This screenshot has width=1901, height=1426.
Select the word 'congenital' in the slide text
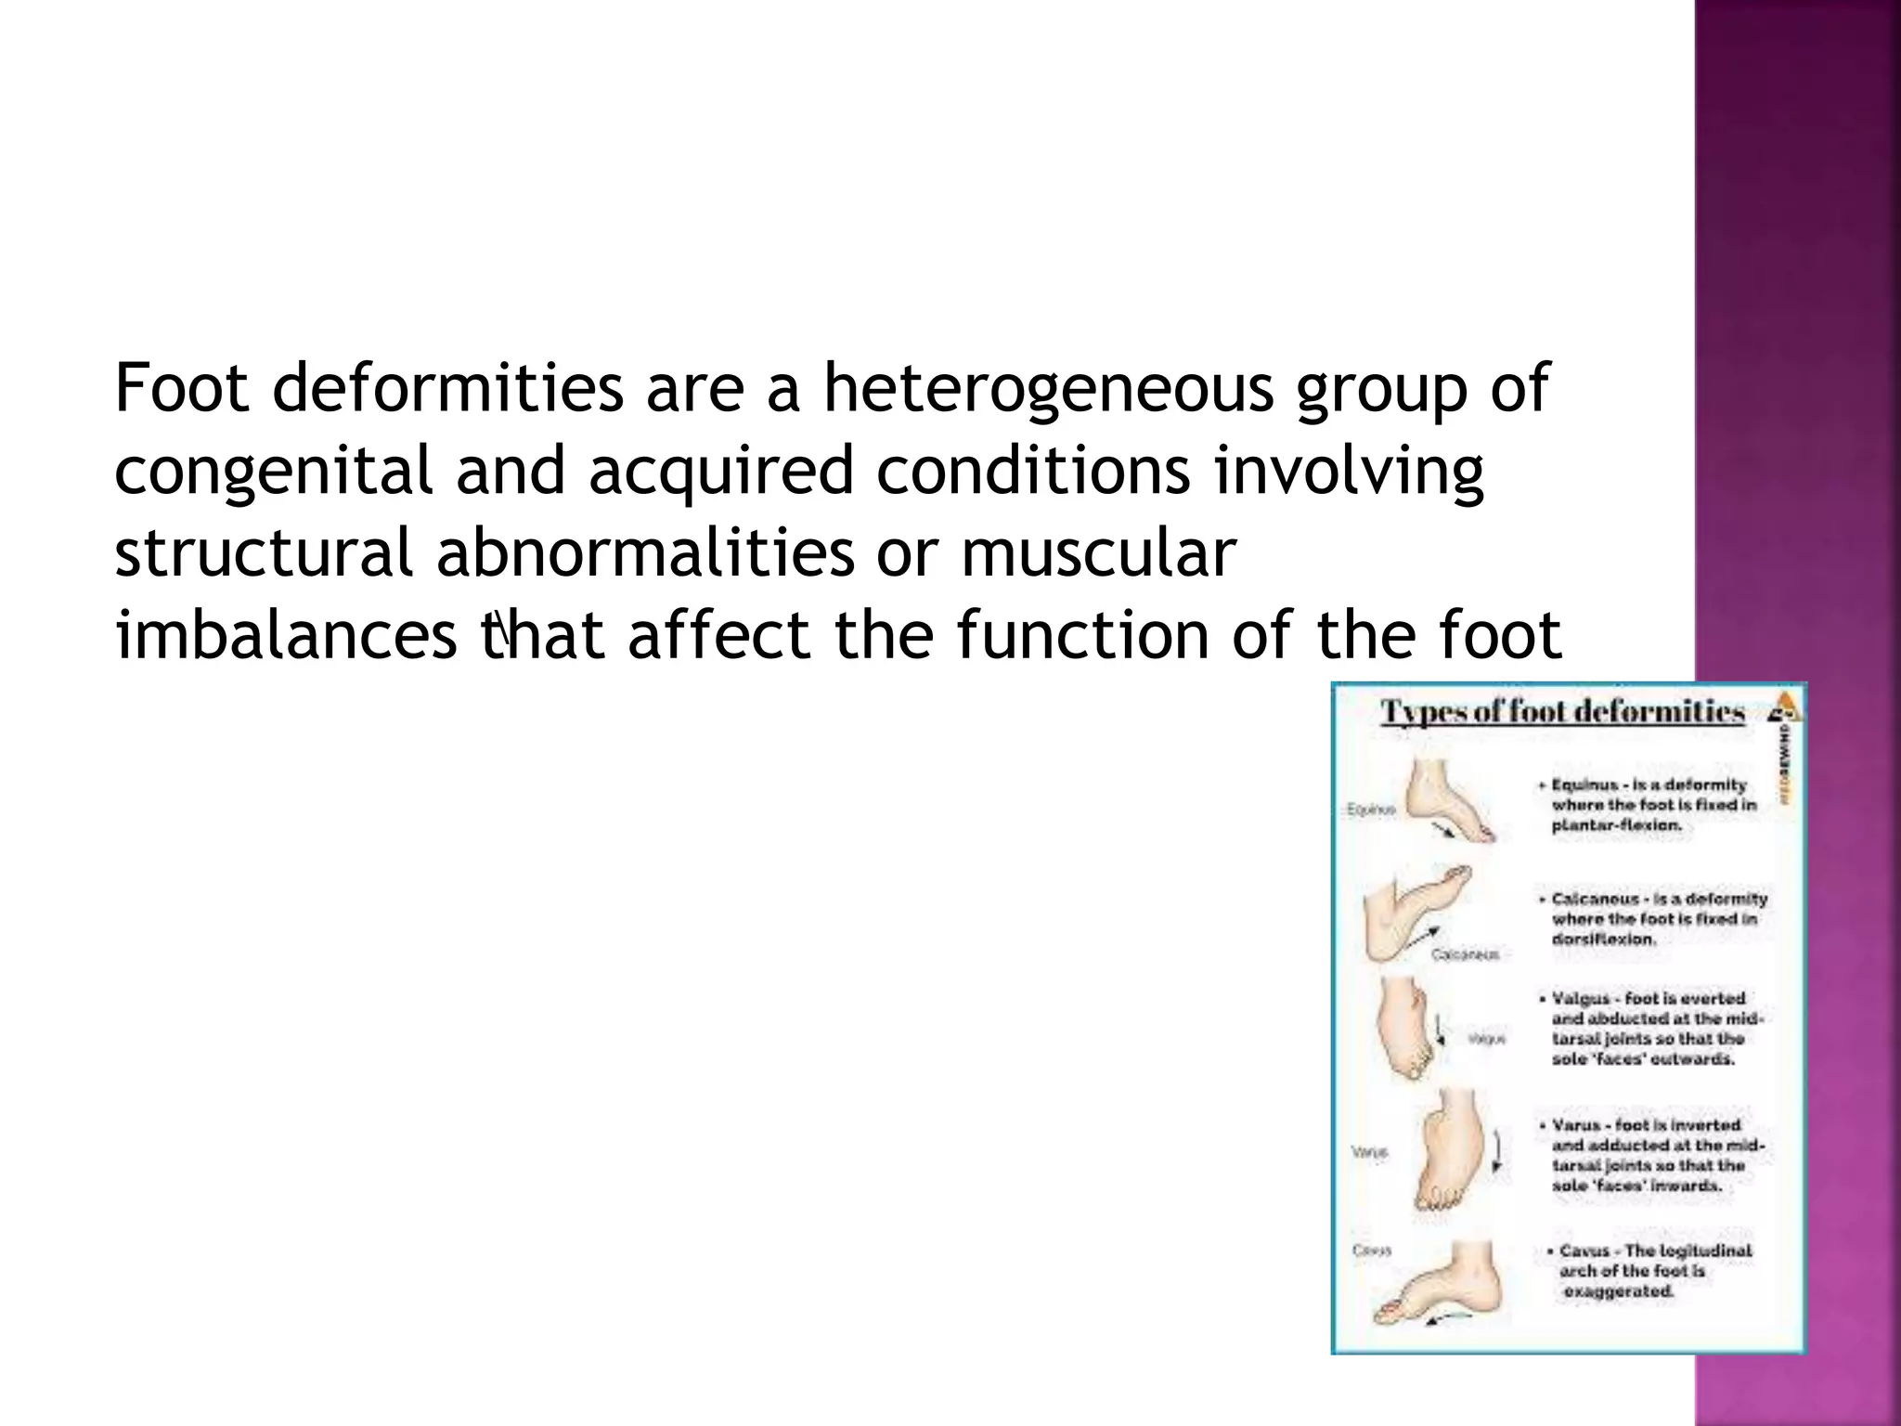pyautogui.click(x=273, y=471)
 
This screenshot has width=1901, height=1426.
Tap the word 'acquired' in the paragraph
pyautogui.click(x=720, y=471)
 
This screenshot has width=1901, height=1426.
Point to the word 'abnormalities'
pyautogui.click(x=645, y=553)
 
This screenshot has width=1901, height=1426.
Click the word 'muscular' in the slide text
pyautogui.click(x=1098, y=553)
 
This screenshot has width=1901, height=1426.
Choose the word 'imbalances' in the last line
pyautogui.click(x=286, y=636)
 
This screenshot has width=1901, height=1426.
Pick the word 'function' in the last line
pyautogui.click(x=1082, y=636)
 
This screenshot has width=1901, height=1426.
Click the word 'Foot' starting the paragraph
pyautogui.click(x=182, y=388)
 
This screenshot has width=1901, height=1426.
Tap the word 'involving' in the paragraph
pyautogui.click(x=1349, y=471)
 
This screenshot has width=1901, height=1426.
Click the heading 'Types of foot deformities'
pyautogui.click(x=1563, y=713)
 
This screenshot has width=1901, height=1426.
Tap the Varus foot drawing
pyautogui.click(x=1450, y=1151)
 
